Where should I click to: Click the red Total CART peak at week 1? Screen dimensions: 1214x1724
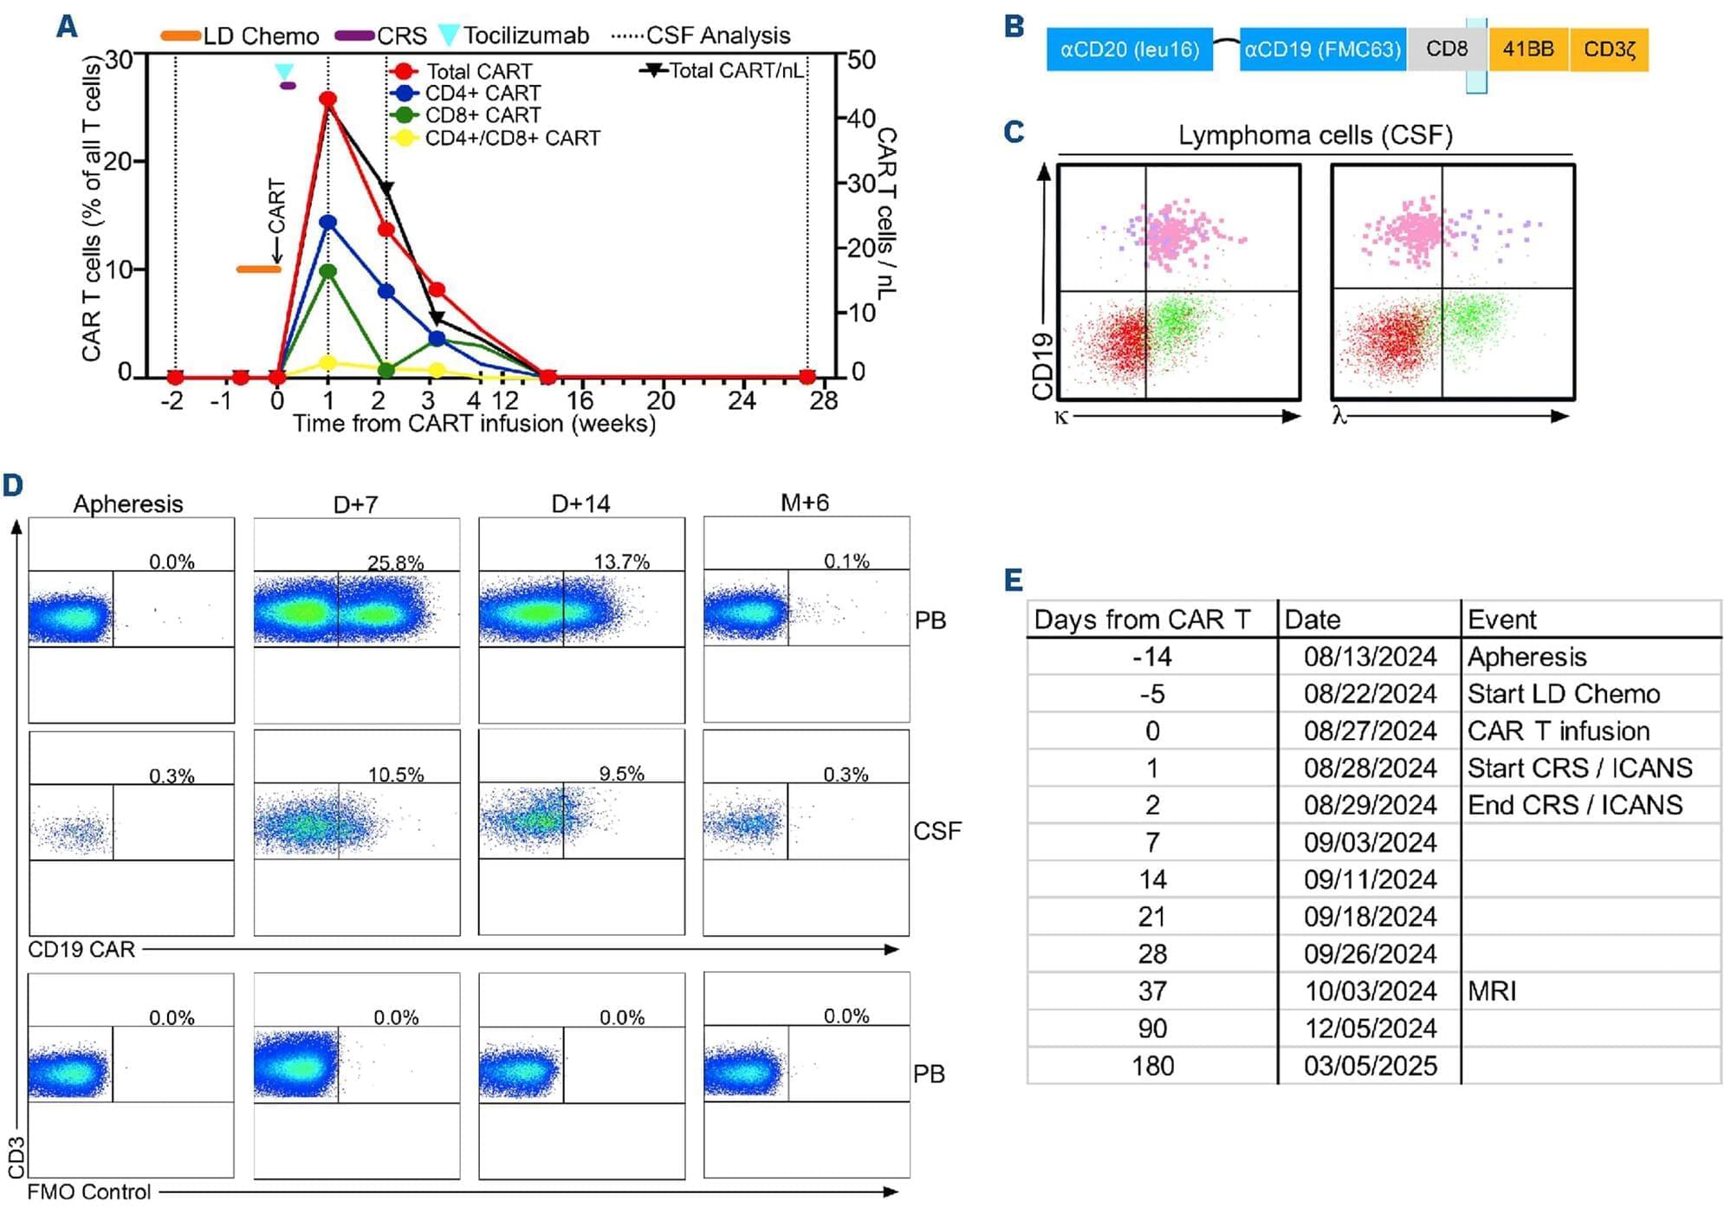pos(327,100)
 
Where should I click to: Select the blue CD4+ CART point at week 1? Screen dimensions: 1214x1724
pos(327,223)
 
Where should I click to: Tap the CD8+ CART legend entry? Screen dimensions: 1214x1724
pos(482,115)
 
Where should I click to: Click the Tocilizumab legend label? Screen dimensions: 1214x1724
pos(525,36)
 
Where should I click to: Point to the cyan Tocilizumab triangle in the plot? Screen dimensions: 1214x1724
pos(283,71)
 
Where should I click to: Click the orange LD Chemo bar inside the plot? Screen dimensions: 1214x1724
pos(258,269)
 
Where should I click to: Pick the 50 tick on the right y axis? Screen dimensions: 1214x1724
pos(861,60)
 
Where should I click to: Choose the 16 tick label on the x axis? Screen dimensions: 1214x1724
pos(580,400)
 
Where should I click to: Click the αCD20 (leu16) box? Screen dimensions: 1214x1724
pos(1129,49)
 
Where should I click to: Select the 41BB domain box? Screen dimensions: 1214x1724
pos(1528,49)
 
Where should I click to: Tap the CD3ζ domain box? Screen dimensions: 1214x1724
pos(1609,49)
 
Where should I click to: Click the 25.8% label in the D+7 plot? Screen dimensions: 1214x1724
pos(395,562)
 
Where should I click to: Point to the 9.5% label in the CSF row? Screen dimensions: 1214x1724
pos(621,774)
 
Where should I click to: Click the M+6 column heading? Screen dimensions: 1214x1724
pos(805,503)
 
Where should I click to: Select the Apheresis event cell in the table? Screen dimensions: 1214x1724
pos(1526,657)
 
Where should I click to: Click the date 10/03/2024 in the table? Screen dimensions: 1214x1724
pos(1370,991)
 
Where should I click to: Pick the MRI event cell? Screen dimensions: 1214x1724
pos(1492,991)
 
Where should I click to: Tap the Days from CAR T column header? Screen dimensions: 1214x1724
pos(1142,620)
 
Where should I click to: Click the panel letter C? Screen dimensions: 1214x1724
pos(1014,132)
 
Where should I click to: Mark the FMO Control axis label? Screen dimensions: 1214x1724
pos(88,1192)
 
